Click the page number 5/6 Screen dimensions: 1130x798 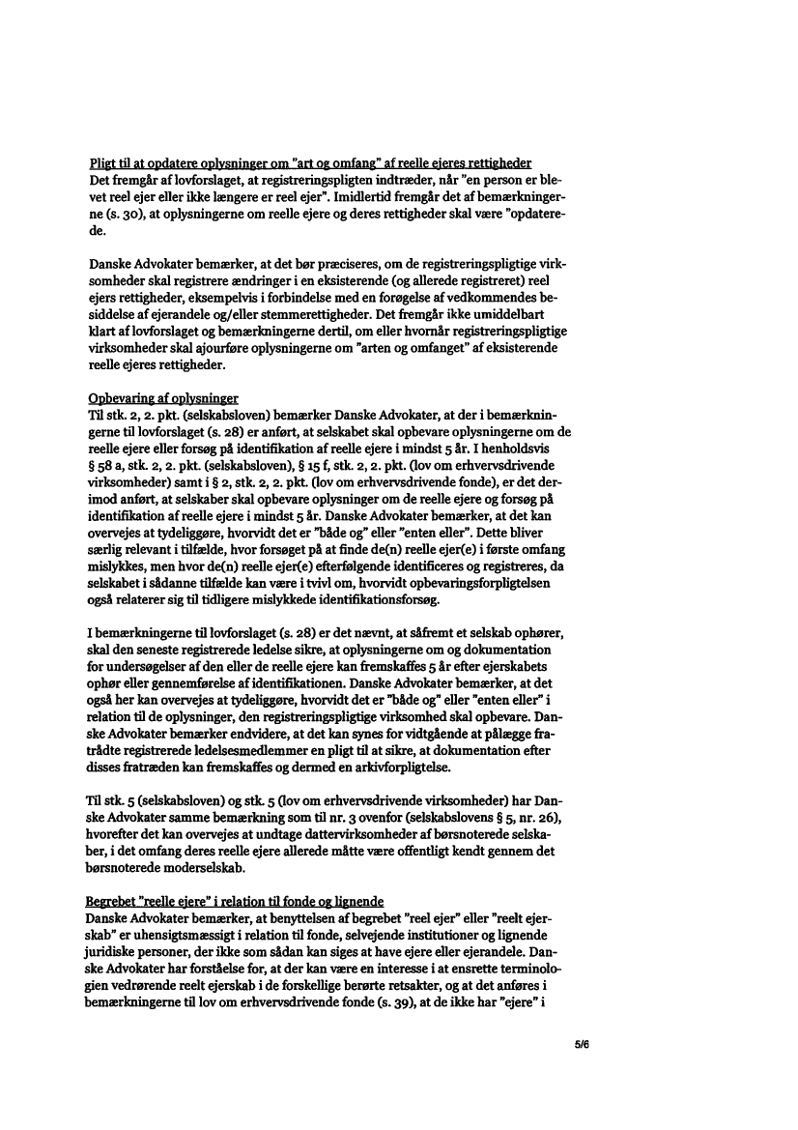pyautogui.click(x=581, y=1045)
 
